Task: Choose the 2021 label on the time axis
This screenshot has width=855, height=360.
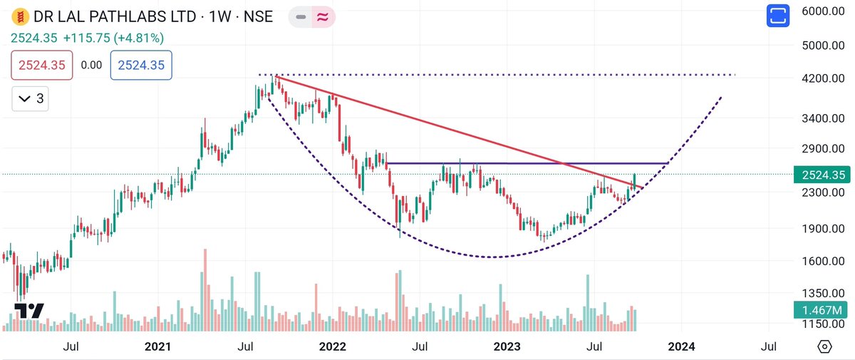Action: point(157,346)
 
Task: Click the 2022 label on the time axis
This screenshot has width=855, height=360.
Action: point(332,346)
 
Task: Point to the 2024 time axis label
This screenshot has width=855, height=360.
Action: point(681,346)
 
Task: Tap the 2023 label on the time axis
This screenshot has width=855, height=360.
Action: point(507,346)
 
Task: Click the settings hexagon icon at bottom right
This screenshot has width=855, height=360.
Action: point(824,346)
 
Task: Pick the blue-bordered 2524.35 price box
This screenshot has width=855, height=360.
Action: point(140,65)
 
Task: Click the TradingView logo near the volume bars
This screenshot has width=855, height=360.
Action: point(29,311)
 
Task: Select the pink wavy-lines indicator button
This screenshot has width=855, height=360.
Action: point(321,16)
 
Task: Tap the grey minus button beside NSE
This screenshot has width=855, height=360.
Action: point(301,16)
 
